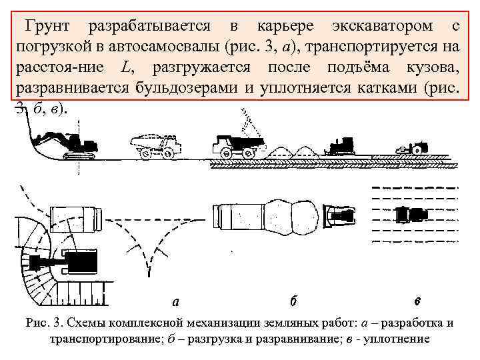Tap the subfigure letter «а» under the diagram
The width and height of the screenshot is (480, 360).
click(x=175, y=301)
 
